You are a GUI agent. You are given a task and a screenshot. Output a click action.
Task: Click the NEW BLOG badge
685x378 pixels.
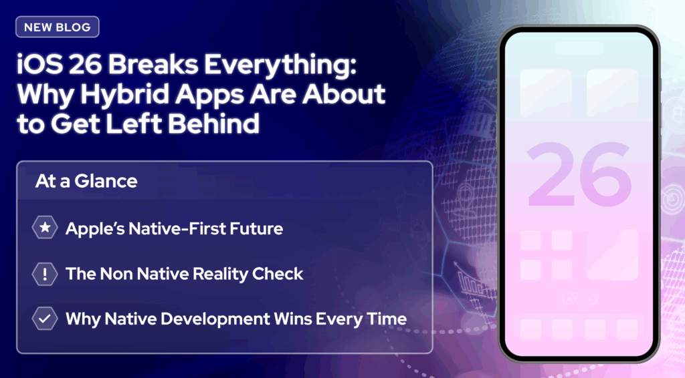[x=58, y=27]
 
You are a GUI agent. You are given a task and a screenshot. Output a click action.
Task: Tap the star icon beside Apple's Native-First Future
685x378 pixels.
[x=45, y=228]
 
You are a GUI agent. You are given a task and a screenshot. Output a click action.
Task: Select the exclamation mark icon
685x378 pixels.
[x=45, y=274]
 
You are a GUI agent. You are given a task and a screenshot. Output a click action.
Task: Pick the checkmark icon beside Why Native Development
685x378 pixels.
[x=45, y=319]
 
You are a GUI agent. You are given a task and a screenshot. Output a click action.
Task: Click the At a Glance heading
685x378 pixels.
[x=86, y=181]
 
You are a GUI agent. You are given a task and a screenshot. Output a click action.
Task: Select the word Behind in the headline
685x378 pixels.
[x=213, y=124]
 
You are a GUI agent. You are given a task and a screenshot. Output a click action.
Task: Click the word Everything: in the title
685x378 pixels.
[x=280, y=65]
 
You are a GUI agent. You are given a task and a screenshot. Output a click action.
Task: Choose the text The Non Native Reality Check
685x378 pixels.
[x=184, y=274]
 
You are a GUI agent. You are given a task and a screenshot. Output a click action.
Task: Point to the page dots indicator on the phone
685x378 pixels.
[x=579, y=299]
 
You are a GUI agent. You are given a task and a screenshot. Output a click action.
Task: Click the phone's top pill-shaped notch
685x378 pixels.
[x=579, y=47]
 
